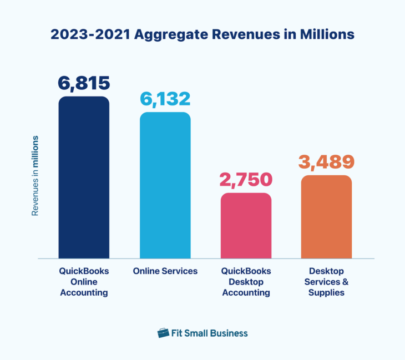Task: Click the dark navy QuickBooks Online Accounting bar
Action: (84, 178)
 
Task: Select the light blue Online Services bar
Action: (165, 185)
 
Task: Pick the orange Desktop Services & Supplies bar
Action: (326, 217)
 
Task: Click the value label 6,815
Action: (84, 83)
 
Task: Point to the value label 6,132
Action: (165, 99)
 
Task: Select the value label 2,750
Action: (246, 180)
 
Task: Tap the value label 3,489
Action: (326, 161)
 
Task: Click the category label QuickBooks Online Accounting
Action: (84, 282)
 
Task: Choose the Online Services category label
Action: (165, 271)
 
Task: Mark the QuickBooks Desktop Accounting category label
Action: (246, 282)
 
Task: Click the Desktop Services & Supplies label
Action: (326, 282)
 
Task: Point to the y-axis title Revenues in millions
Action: (35, 175)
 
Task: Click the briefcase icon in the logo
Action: (163, 333)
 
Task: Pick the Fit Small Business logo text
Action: (210, 333)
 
